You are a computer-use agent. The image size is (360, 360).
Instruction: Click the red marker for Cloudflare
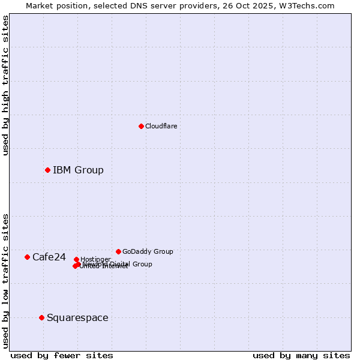pos(141,126)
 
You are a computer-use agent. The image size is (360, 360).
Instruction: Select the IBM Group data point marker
pos(47,170)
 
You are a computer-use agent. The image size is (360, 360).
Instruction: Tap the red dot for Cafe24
pos(27,257)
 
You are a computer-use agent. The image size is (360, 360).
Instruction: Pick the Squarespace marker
pos(41,317)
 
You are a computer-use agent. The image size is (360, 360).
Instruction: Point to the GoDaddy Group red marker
pos(118,251)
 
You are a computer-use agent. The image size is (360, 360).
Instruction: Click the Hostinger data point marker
pos(76,259)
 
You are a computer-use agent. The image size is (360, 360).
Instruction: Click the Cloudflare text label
pos(161,126)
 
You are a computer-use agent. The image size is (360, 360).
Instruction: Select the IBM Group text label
pos(78,170)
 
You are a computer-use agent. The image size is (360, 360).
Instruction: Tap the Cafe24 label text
pos(49,257)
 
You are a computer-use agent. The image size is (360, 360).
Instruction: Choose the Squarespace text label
pos(77,317)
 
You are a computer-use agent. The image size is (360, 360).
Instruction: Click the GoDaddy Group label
pos(148,251)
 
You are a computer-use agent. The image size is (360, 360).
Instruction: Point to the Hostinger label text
pos(96,259)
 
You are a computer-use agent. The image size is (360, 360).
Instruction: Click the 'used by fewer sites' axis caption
pos(62,355)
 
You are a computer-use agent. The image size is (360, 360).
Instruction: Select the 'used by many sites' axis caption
pos(301,355)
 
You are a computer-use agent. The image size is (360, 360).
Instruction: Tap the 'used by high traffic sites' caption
pos(5,85)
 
